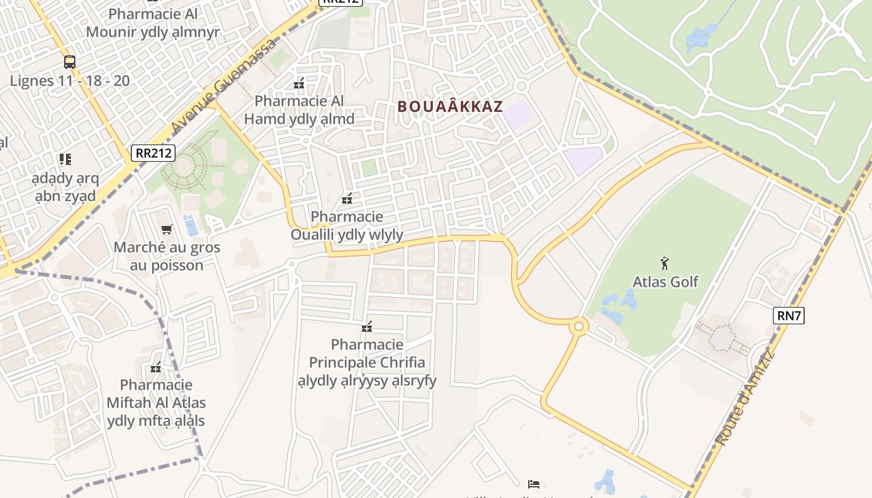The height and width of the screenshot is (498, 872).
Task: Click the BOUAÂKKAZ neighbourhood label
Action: (450, 106)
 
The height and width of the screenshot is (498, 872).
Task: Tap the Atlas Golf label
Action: (665, 282)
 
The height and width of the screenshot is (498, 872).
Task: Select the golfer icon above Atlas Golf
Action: (665, 263)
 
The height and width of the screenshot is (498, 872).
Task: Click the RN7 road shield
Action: (789, 316)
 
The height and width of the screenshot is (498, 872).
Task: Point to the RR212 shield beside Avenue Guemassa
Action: (153, 153)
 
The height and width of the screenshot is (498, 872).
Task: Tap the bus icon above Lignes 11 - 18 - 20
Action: (70, 62)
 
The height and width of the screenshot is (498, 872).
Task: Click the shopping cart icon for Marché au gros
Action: (166, 230)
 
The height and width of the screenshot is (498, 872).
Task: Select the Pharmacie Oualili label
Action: (347, 226)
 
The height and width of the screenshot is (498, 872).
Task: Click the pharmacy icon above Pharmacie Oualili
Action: (347, 199)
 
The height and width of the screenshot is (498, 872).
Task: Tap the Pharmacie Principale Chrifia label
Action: (372, 362)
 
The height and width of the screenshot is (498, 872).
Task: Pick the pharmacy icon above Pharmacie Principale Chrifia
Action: (367, 327)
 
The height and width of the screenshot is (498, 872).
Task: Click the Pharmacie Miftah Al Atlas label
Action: (156, 403)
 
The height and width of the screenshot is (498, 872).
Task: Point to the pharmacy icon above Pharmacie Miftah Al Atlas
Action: (156, 367)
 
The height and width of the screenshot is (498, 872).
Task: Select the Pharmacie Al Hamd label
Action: (299, 110)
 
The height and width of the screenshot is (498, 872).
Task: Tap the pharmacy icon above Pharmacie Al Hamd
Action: (299, 83)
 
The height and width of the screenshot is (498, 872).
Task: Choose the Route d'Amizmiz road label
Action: (744, 399)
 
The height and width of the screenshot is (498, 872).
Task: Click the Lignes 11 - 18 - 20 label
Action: (70, 80)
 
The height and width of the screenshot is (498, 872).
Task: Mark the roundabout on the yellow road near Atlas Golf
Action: (579, 326)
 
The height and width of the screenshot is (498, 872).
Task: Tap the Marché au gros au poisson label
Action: (166, 256)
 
